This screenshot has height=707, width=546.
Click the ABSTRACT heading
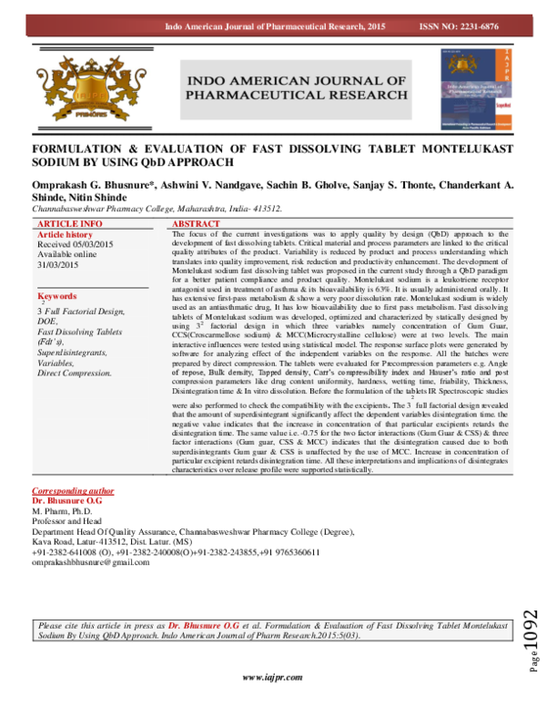tap(197, 223)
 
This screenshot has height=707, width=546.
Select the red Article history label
tap(67, 234)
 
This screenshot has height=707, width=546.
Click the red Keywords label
tap(56, 297)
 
